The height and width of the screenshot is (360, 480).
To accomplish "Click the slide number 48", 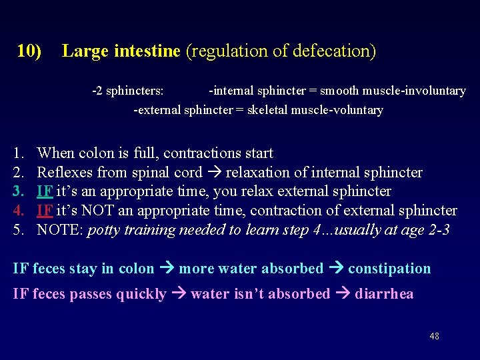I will (435, 336).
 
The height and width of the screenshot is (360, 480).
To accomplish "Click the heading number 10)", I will (29, 51).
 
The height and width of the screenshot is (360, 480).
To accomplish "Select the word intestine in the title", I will (147, 51).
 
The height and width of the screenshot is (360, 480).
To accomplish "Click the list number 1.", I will (18, 153).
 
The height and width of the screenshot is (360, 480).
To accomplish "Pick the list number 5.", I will (18, 231).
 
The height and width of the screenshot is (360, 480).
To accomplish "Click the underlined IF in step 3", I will (45, 191).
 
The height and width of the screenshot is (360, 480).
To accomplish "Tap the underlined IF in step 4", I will (45, 211).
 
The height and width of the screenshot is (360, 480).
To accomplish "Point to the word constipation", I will (389, 269).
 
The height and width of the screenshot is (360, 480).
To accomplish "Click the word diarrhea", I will (384, 293).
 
